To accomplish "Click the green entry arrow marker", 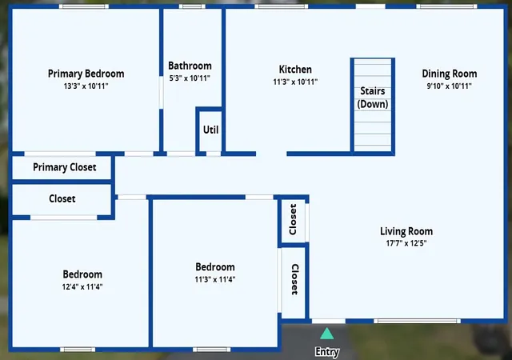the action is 327,334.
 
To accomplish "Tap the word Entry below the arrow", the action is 327,352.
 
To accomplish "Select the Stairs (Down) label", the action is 373,98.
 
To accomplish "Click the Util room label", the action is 210,130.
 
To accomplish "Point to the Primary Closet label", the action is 65,167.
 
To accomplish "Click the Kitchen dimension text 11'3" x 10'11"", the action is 295,82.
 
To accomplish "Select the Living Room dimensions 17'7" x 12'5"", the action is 406,243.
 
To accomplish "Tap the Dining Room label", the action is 450,74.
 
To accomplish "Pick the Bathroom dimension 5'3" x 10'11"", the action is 190,78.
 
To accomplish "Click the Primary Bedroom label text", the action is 86,74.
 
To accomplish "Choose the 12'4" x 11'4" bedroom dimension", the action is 82,287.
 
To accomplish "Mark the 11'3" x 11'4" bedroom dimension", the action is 215,279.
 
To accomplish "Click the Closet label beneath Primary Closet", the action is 62,198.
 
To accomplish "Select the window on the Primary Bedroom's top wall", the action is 83,6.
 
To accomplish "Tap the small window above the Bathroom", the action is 192,6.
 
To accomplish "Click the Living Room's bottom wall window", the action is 417,321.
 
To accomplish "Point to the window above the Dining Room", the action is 446,6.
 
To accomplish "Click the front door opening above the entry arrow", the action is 329,321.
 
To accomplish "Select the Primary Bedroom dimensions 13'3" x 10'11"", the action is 86,86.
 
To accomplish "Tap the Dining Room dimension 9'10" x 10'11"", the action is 450,86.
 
